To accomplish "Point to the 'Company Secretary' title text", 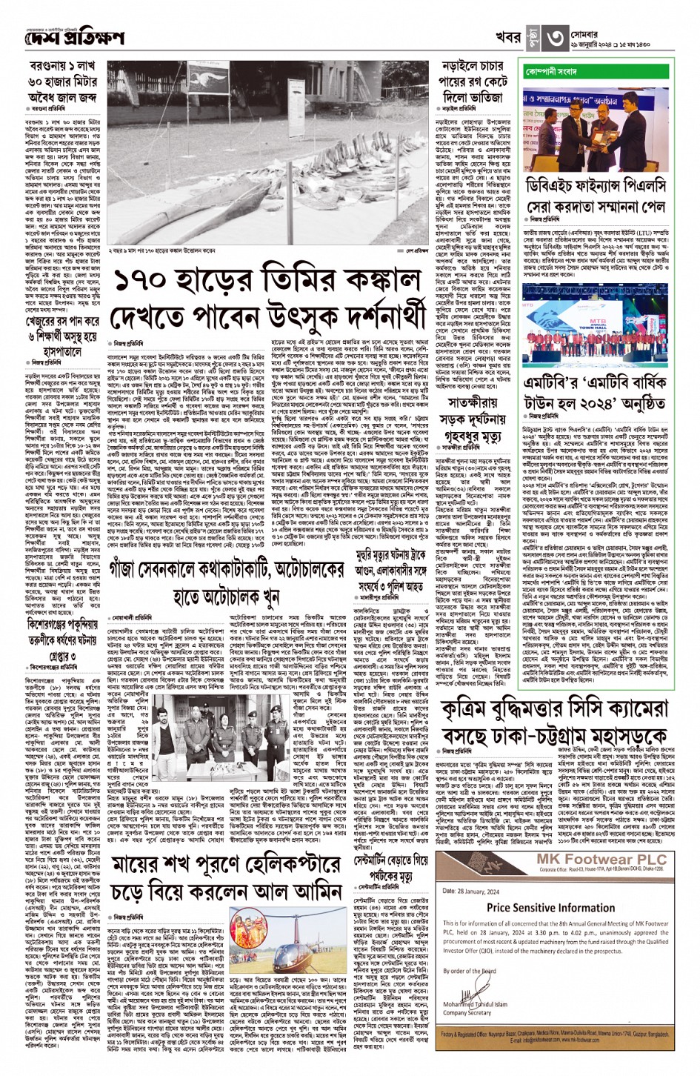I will click(467, 1012).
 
